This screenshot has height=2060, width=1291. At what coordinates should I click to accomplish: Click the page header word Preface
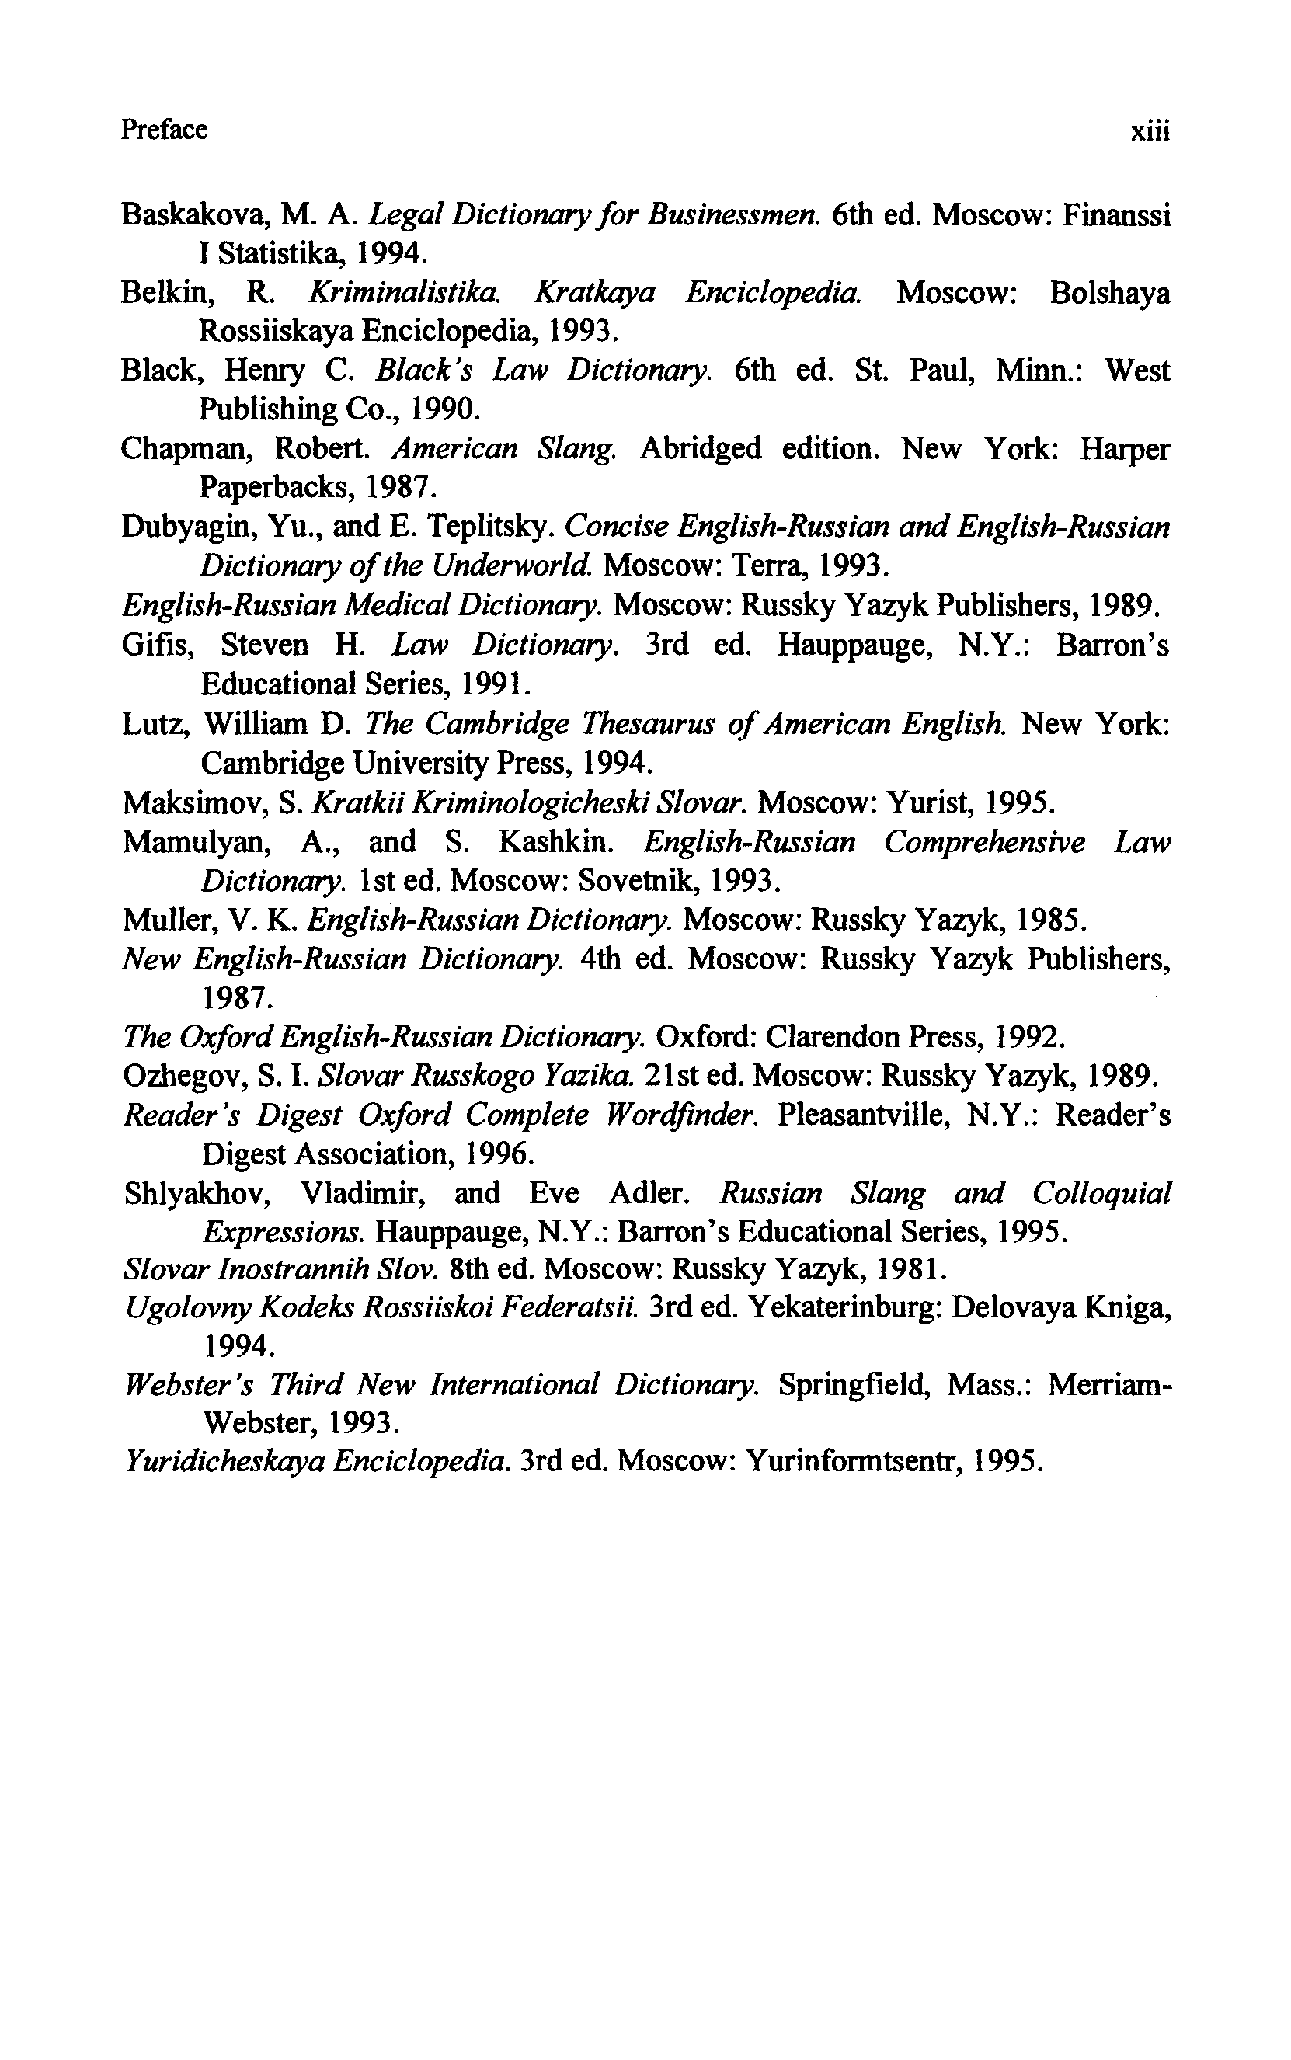164,130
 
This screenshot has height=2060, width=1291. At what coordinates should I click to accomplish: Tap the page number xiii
1150,130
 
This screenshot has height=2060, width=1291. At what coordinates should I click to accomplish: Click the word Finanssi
1116,214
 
